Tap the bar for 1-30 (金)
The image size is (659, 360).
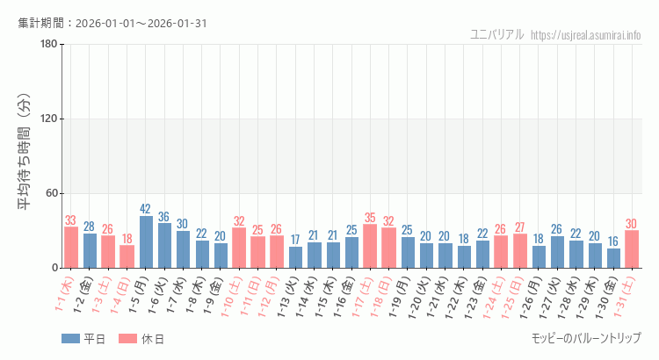click(613, 258)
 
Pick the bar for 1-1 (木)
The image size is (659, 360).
click(71, 248)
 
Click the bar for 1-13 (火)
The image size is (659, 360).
click(295, 257)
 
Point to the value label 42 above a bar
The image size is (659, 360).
click(146, 209)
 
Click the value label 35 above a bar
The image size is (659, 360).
click(370, 218)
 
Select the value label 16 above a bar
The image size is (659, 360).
click(613, 241)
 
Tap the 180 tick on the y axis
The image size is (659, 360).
click(49, 45)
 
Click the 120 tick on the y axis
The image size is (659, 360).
click(49, 119)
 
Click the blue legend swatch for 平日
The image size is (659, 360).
click(70, 338)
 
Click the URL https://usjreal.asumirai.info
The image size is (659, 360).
click(586, 35)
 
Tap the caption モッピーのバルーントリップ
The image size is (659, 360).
click(586, 338)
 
